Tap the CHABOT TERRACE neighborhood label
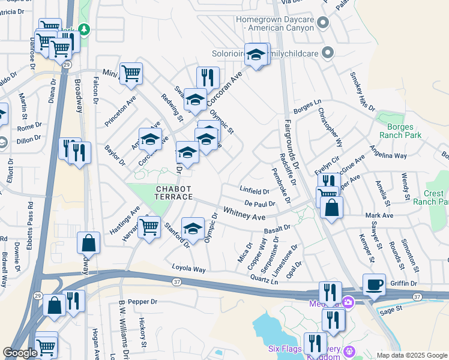[x=174, y=193]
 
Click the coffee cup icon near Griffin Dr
[x=374, y=284]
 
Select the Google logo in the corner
[x=20, y=353]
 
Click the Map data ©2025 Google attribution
[x=411, y=355]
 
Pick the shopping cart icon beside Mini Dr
[x=131, y=73]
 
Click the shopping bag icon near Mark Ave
[x=331, y=208]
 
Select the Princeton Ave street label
[x=121, y=106]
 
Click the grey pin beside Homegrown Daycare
[x=324, y=23]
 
